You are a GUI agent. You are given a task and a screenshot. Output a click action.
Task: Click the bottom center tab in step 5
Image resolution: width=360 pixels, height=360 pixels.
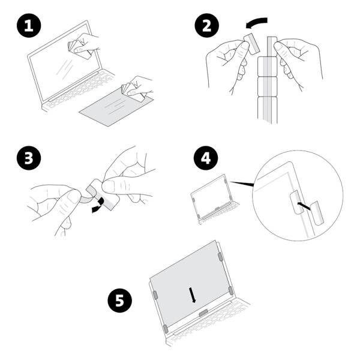click(204, 313)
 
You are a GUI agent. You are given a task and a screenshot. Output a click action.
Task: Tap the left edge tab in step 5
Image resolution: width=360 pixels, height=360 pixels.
click(155, 295)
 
